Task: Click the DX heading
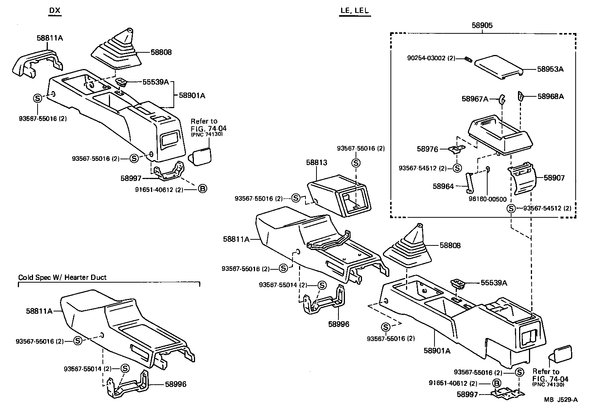coord(55,11)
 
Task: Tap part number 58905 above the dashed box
coord(482,25)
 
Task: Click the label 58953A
coord(550,69)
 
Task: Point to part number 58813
coord(316,162)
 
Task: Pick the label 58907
coord(554,178)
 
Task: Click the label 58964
coord(443,186)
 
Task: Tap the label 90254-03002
coord(427,58)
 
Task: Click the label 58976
coord(427,149)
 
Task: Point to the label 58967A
coord(475,99)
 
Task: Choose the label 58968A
coord(550,96)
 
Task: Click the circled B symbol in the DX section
coord(203,188)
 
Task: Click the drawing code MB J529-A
coord(560,399)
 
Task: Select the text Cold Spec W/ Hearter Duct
coord(63,277)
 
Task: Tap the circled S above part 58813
coord(356,163)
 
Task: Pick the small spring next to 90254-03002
coord(468,58)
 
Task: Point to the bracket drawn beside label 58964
coord(469,182)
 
